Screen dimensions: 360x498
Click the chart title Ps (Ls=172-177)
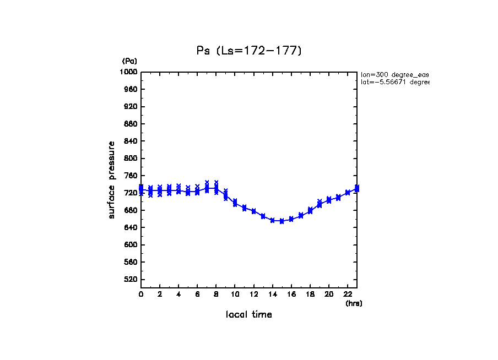pyautogui.click(x=249, y=51)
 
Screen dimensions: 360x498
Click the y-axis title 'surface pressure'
pyautogui.click(x=112, y=179)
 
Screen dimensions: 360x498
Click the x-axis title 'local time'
pyautogui.click(x=249, y=315)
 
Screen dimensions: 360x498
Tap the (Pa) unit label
pyautogui.click(x=129, y=61)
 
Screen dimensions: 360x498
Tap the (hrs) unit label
pyautogui.click(x=354, y=303)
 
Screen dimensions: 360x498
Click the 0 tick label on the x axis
pyautogui.click(x=141, y=294)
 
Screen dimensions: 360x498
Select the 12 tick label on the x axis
pyautogui.click(x=253, y=294)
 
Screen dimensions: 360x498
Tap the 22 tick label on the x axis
pyautogui.click(x=348, y=294)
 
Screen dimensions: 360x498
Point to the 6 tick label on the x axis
pyautogui.click(x=197, y=294)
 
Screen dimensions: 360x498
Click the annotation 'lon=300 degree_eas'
pyautogui.click(x=394, y=74)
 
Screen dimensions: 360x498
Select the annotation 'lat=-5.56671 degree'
pyautogui.click(x=394, y=82)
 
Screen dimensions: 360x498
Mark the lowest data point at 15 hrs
pyautogui.click(x=282, y=221)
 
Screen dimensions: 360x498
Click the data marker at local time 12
pyautogui.click(x=253, y=211)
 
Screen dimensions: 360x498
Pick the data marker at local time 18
pyautogui.click(x=310, y=210)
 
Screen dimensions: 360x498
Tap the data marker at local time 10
pyautogui.click(x=235, y=203)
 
